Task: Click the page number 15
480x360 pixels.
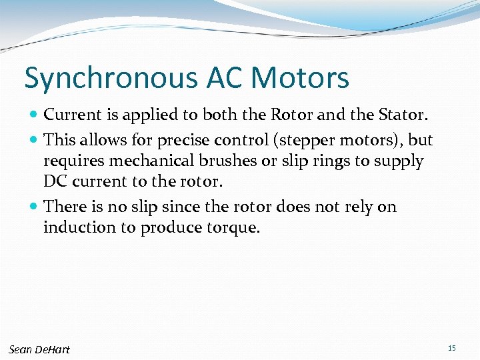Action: [452, 348]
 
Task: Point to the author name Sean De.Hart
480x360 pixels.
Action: [39, 349]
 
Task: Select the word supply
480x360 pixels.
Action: [399, 161]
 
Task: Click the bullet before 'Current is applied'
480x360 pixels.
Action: [35, 115]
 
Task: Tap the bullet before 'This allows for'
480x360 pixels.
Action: [35, 141]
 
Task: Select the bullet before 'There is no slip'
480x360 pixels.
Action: [35, 207]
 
